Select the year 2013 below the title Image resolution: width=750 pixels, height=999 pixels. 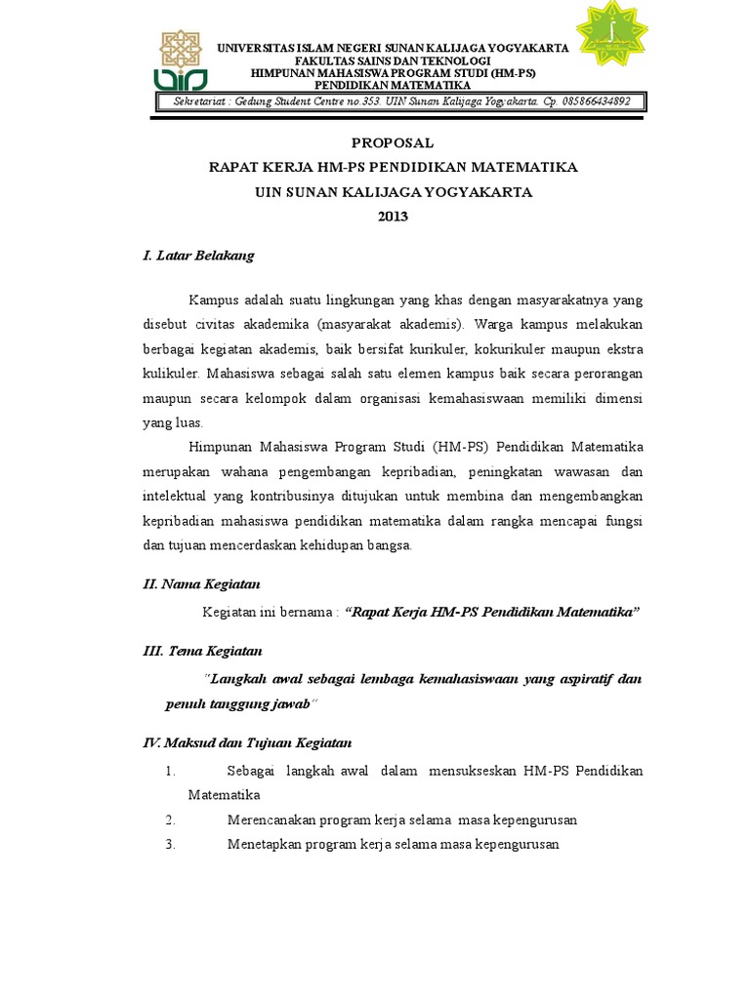pyautogui.click(x=394, y=217)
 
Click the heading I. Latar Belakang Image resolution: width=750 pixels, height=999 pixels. pyautogui.click(x=198, y=256)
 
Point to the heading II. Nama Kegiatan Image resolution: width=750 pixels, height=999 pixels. pyautogui.click(x=201, y=584)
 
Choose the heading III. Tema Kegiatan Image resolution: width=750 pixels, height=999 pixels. pyautogui.click(x=203, y=651)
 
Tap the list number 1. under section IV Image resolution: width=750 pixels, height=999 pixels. pyautogui.click(x=170, y=772)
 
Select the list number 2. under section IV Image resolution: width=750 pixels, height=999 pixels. pyautogui.click(x=170, y=819)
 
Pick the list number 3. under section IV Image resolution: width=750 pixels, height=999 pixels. pyautogui.click(x=170, y=845)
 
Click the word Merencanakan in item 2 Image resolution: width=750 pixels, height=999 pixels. pyautogui.click(x=268, y=819)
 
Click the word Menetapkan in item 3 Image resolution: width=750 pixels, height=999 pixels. pyautogui.click(x=263, y=845)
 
